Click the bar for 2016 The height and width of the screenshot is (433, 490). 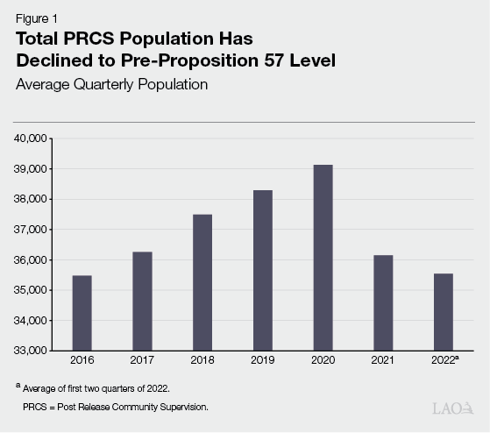click(82, 313)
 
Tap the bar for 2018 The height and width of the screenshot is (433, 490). click(202, 282)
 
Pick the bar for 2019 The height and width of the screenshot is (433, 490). click(262, 270)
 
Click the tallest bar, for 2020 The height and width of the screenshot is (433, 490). click(323, 258)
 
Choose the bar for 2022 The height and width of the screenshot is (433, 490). click(444, 312)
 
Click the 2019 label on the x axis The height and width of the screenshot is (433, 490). click(262, 359)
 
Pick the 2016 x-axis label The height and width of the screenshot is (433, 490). click(82, 359)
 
